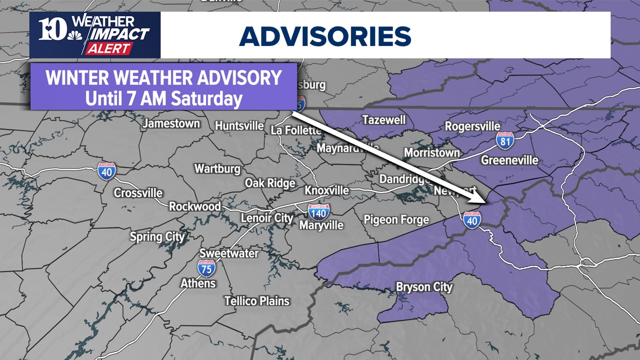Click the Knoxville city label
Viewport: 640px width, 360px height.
(326, 190)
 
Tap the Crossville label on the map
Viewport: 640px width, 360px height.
(138, 193)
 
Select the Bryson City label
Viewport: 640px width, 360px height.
(424, 287)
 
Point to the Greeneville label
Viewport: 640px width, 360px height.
(509, 161)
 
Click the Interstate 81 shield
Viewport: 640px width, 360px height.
(505, 141)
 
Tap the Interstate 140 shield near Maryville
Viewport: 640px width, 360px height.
(318, 212)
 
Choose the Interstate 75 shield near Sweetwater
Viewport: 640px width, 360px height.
(206, 268)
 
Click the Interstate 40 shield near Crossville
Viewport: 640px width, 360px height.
(107, 171)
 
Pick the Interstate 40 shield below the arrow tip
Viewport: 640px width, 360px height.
(472, 220)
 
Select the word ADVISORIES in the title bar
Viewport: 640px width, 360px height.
(325, 37)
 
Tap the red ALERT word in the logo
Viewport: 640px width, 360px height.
(108, 48)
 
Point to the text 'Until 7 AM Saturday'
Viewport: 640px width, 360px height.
(163, 99)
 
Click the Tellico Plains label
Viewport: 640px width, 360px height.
(257, 301)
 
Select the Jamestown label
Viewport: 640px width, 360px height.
(171, 124)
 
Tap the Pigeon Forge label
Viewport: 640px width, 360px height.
(396, 220)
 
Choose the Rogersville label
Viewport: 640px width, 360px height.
(472, 126)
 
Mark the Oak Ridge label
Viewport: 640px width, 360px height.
(269, 183)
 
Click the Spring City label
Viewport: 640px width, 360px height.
(157, 236)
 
